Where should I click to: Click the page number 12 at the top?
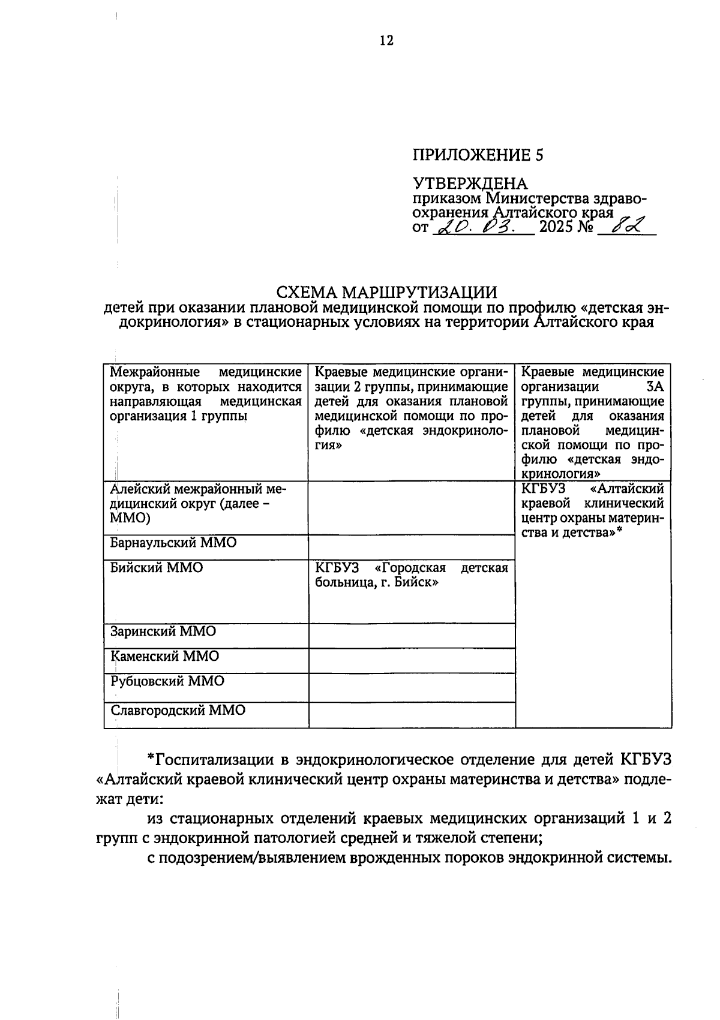pos(386,40)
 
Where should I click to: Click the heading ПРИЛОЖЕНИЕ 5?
pos(478,155)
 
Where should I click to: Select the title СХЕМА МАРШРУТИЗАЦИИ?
pos(386,293)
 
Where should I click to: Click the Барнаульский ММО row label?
pos(173,543)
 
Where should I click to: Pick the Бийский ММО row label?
pos(157,568)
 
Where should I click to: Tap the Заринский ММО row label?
pos(163,632)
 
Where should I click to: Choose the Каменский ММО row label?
pos(165,657)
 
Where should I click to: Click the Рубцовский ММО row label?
pos(167,682)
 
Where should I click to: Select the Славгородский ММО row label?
pos(178,711)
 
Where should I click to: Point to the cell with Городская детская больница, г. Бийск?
pos(411,575)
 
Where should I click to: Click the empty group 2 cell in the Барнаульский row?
pos(412,547)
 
